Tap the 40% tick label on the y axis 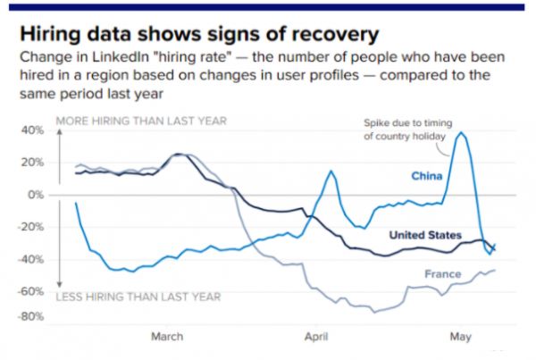(33, 130)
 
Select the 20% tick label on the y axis (33, 162)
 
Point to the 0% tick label (37, 194)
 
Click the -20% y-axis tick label (31, 227)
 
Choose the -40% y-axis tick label (31, 259)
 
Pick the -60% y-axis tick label (31, 291)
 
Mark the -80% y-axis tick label (31, 316)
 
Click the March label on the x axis (167, 337)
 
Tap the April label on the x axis (315, 337)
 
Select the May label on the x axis (460, 337)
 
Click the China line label (426, 176)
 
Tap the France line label (443, 274)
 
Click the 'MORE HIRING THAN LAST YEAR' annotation (141, 121)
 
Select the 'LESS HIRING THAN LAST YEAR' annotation (138, 297)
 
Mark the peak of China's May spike (461, 133)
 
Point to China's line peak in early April (331, 171)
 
